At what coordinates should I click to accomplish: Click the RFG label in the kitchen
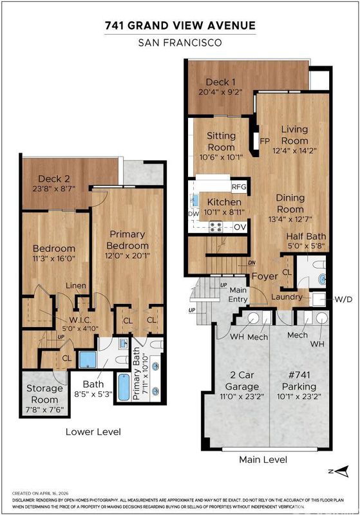[x=239, y=187]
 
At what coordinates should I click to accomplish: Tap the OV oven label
[x=240, y=227]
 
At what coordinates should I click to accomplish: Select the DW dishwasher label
[x=194, y=214]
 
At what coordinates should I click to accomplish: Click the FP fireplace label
[x=265, y=141]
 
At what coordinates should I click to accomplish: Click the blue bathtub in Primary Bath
[x=124, y=387]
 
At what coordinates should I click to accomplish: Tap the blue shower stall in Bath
[x=88, y=360]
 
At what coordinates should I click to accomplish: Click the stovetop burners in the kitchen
[x=216, y=227]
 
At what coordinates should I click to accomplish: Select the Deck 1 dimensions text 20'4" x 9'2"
[x=220, y=92]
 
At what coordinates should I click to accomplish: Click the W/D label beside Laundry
[x=343, y=299]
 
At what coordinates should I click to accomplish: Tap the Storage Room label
[x=44, y=394]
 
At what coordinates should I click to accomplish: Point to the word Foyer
[x=265, y=276]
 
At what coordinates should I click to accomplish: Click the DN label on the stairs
[x=252, y=263]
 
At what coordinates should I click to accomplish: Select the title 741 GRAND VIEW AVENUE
[x=180, y=26]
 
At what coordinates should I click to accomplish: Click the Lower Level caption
[x=93, y=431]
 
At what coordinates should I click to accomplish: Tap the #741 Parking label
[x=299, y=380]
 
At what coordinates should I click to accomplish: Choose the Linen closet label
[x=76, y=286]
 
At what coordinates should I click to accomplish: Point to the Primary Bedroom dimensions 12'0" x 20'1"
[x=128, y=256]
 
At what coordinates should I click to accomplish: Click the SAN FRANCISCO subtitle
[x=180, y=42]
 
